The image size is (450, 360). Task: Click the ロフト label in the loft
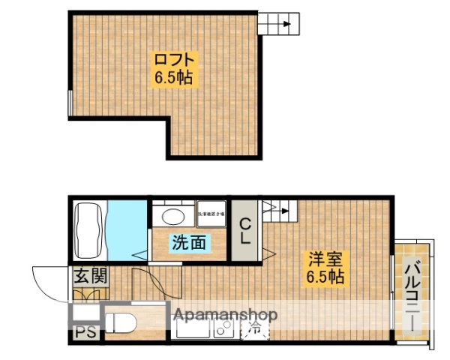tap(175, 59)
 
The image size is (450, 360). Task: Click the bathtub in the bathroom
tap(88, 226)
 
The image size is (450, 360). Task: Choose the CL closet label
tap(244, 231)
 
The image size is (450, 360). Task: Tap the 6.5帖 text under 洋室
tap(324, 278)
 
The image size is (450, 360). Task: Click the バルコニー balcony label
tap(412, 295)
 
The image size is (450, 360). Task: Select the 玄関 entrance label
tap(90, 275)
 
